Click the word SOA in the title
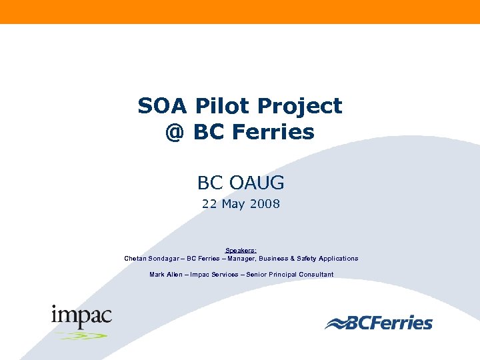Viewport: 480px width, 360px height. (x=159, y=106)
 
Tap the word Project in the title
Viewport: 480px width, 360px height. (x=299, y=107)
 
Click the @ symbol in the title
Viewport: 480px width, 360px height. (x=174, y=132)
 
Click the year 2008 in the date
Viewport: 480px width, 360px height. (x=265, y=204)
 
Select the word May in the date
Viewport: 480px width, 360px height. (x=233, y=204)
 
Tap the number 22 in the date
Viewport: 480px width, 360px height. (x=210, y=204)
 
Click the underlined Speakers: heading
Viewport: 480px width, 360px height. (x=241, y=251)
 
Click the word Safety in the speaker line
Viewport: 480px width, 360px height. (x=303, y=258)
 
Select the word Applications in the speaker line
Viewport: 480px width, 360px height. (x=338, y=258)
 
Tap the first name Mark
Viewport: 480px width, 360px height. (x=157, y=275)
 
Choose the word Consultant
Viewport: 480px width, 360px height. (x=315, y=275)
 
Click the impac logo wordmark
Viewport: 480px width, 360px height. (x=81, y=316)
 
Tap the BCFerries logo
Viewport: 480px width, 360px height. (x=379, y=323)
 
